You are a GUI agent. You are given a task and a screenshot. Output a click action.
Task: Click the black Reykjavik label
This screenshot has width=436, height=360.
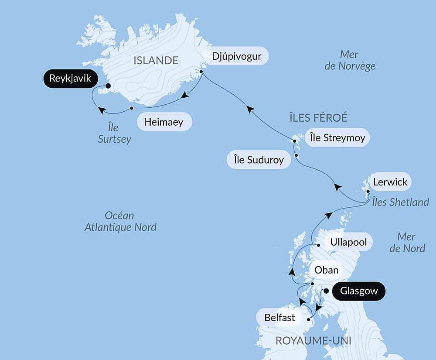point(70,79)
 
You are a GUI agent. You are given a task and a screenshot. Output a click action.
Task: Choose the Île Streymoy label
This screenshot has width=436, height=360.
point(337,138)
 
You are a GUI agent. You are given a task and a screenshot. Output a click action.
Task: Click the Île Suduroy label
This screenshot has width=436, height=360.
point(259,160)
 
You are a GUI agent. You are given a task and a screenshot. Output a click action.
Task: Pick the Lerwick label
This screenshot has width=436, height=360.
point(390,182)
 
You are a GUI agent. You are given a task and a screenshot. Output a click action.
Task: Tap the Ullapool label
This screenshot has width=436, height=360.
point(348,242)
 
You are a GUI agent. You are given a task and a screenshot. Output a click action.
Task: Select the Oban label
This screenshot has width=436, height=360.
point(327,270)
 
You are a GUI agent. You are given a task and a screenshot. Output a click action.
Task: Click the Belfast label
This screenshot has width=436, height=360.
point(279,317)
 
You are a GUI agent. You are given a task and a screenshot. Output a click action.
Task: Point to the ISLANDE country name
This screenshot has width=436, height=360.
point(156,60)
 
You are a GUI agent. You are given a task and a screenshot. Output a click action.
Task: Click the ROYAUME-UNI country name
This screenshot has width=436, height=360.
point(313,340)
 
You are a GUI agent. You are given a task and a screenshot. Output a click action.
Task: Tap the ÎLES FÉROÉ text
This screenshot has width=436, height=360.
point(318,117)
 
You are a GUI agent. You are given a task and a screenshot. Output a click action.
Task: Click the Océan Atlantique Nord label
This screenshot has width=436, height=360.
point(120,221)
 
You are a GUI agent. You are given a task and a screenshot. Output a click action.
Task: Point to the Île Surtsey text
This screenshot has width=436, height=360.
point(115,134)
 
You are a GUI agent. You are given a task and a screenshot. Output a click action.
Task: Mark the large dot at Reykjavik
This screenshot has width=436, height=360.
point(108,86)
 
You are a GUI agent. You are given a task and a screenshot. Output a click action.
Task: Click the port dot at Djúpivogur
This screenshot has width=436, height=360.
point(201,72)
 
